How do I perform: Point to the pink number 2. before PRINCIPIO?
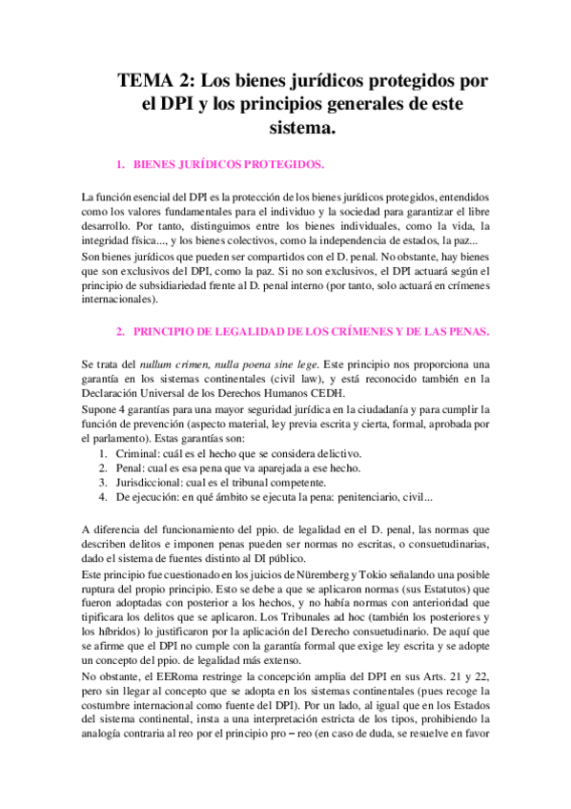120,332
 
